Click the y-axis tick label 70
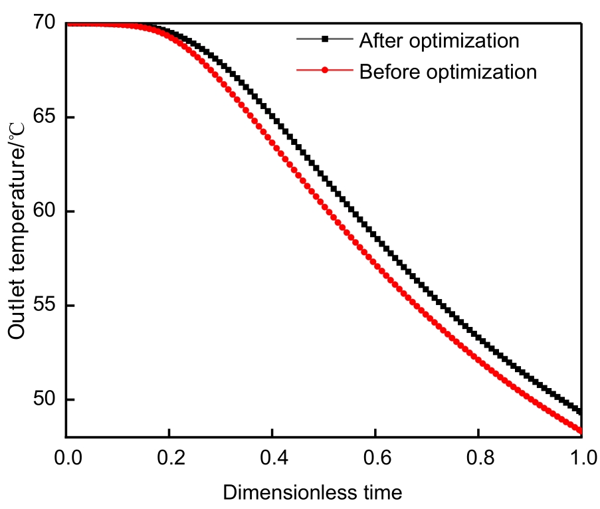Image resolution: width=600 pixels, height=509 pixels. pyautogui.click(x=45, y=24)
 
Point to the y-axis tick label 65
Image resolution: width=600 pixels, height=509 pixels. pyautogui.click(x=45, y=118)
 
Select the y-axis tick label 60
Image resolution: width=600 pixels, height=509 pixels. pyautogui.click(x=45, y=212)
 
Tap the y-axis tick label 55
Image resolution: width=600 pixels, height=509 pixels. pyautogui.click(x=45, y=306)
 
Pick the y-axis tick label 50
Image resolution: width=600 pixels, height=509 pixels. pyautogui.click(x=45, y=400)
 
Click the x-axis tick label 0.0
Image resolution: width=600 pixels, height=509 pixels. pyautogui.click(x=66, y=458)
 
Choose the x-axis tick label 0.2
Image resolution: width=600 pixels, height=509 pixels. pyautogui.click(x=169, y=458)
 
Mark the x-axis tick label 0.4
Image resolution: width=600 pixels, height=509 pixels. pyautogui.click(x=272, y=458)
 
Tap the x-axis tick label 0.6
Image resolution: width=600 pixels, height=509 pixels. pyautogui.click(x=375, y=458)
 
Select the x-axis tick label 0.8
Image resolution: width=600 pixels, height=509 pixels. pyautogui.click(x=478, y=458)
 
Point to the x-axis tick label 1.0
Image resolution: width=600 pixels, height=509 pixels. pyautogui.click(x=581, y=458)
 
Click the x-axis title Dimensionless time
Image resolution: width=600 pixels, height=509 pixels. pyautogui.click(x=312, y=492)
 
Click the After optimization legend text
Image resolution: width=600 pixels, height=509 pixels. pyautogui.click(x=439, y=41)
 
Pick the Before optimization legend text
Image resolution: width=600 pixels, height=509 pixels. pyautogui.click(x=448, y=71)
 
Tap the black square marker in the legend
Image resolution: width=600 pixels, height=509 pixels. pyautogui.click(x=325, y=40)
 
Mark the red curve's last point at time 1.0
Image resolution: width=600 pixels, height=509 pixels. pyautogui.click(x=581, y=431)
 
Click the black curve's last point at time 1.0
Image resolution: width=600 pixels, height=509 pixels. pyautogui.click(x=581, y=412)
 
